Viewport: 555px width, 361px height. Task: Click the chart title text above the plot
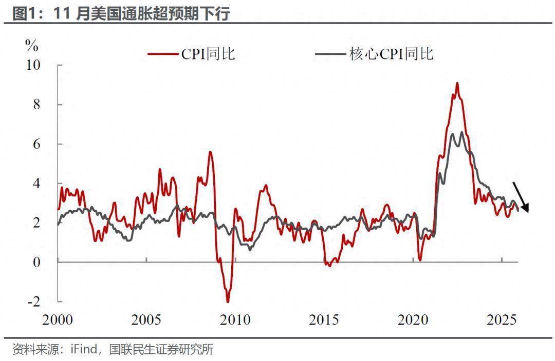coord(121,13)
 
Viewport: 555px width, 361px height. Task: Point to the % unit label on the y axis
coord(32,46)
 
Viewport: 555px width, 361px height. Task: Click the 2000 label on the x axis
coord(58,320)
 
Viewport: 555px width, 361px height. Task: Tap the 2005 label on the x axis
coord(146,320)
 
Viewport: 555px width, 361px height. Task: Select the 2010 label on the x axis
coord(235,320)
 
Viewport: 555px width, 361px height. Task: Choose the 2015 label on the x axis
coord(324,320)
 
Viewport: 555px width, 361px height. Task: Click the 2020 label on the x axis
coord(413,320)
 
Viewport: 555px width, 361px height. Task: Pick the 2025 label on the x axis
coord(502,320)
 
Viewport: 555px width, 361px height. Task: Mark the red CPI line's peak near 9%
coord(457,83)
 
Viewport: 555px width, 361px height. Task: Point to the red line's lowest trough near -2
coord(228,301)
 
